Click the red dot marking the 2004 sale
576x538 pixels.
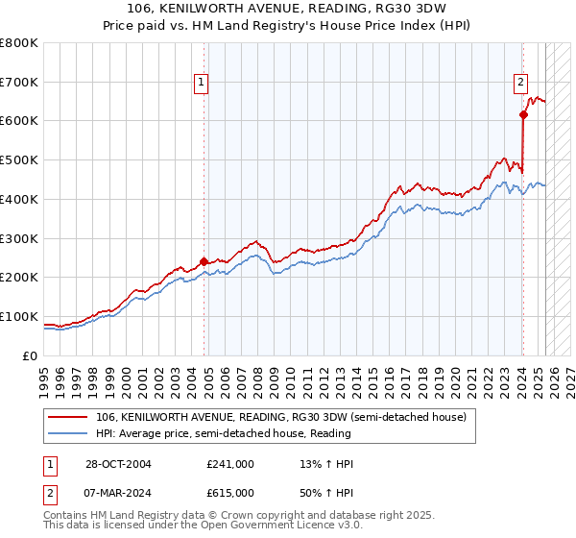click(204, 260)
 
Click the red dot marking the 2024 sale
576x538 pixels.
click(523, 114)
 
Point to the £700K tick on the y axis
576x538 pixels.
click(19, 82)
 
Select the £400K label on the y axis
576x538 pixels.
click(19, 199)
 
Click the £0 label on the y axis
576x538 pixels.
click(30, 355)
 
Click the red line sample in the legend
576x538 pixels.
click(68, 417)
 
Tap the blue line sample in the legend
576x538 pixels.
click(68, 432)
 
